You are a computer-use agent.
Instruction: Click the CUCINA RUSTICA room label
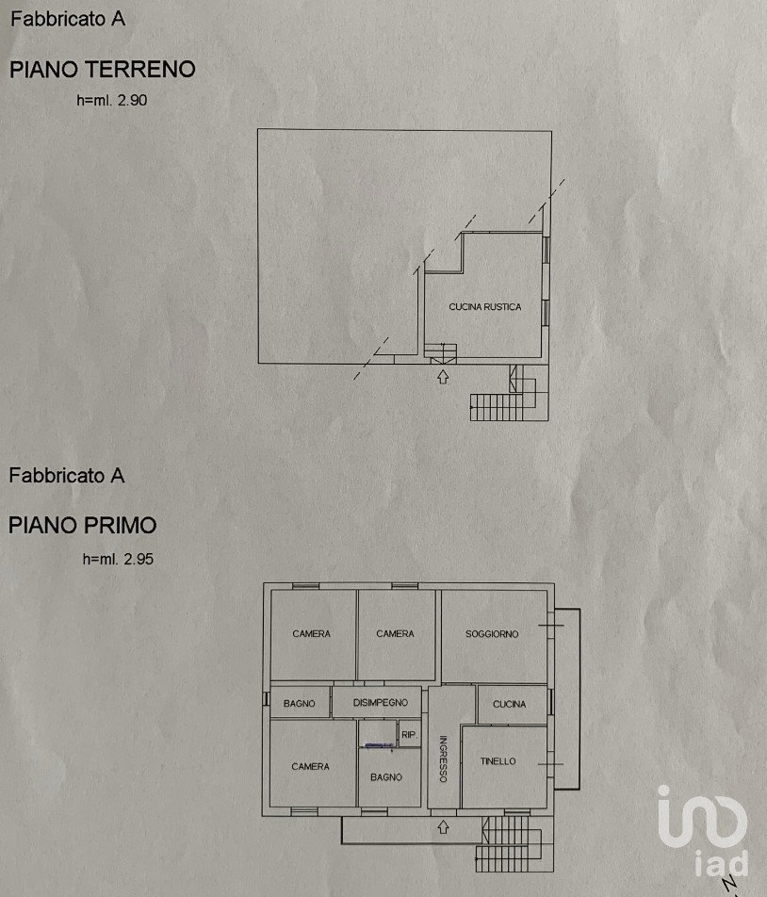pyautogui.click(x=485, y=306)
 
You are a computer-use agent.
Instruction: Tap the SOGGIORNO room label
pyautogui.click(x=492, y=634)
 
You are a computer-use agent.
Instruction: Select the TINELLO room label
pyautogui.click(x=498, y=761)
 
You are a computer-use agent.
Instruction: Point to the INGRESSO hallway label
pyautogui.click(x=443, y=758)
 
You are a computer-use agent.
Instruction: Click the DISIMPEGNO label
pyautogui.click(x=381, y=703)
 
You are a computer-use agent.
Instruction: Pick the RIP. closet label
pyautogui.click(x=409, y=735)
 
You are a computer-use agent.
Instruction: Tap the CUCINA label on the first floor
pyautogui.click(x=509, y=704)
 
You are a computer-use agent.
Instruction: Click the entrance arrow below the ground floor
pyautogui.click(x=442, y=377)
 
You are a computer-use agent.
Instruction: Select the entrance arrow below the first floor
pyautogui.click(x=443, y=826)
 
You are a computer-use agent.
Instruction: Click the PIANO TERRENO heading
pyautogui.click(x=103, y=69)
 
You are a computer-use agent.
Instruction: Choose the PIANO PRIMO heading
pyautogui.click(x=82, y=525)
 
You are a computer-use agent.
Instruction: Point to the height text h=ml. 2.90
pyautogui.click(x=112, y=100)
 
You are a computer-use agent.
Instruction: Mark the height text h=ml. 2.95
pyautogui.click(x=118, y=559)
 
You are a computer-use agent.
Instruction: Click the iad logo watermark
pyautogui.click(x=704, y=831)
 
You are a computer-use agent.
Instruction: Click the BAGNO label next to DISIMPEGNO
pyautogui.click(x=299, y=703)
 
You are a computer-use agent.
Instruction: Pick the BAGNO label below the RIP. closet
pyautogui.click(x=386, y=776)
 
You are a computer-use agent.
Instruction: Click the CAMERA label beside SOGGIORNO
pyautogui.click(x=395, y=633)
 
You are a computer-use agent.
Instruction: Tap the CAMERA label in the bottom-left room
pyautogui.click(x=311, y=766)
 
